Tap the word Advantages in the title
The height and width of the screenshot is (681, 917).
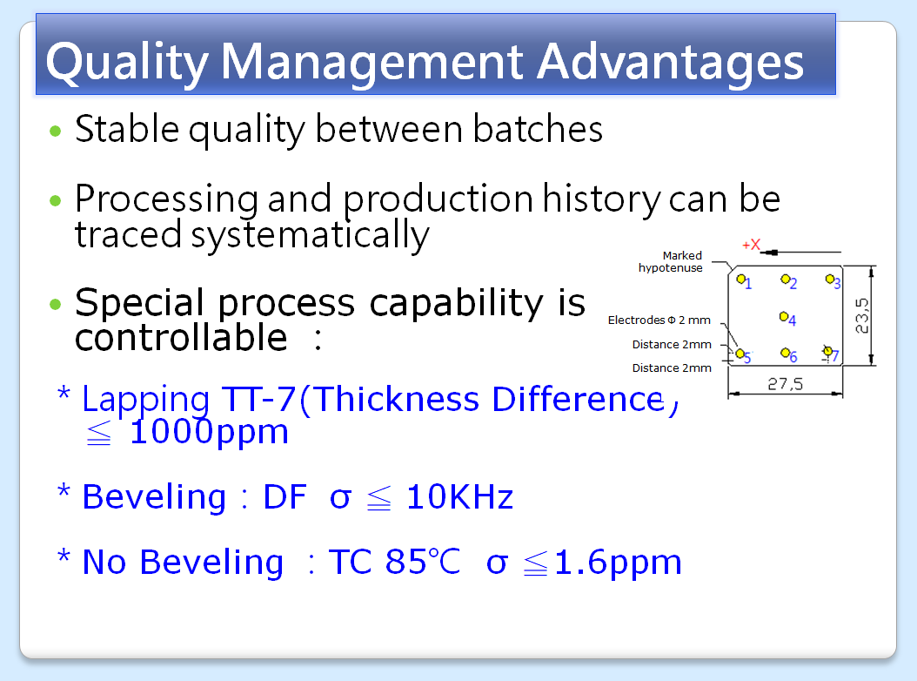click(x=670, y=63)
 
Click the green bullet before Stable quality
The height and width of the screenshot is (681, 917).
click(x=56, y=131)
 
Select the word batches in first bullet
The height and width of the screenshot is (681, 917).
click(x=538, y=129)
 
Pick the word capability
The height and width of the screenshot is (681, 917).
click(x=456, y=303)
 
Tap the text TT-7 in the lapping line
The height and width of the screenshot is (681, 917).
click(x=259, y=399)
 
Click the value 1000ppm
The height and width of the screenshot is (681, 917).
click(x=209, y=432)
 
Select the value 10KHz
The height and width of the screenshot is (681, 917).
click(x=459, y=497)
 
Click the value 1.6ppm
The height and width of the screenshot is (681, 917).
click(x=618, y=563)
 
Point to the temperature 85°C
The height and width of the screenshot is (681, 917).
click(x=423, y=562)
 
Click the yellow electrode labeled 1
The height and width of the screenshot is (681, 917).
click(x=741, y=279)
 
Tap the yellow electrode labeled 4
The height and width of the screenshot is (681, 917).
click(x=784, y=316)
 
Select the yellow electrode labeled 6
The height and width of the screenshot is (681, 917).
click(x=785, y=353)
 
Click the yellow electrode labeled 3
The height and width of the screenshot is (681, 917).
click(x=830, y=279)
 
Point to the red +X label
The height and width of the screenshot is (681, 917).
click(x=752, y=245)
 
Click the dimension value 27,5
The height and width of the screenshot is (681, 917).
click(x=786, y=384)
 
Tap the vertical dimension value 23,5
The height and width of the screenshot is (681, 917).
click(x=862, y=315)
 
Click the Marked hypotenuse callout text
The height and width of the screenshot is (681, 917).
click(x=671, y=262)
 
